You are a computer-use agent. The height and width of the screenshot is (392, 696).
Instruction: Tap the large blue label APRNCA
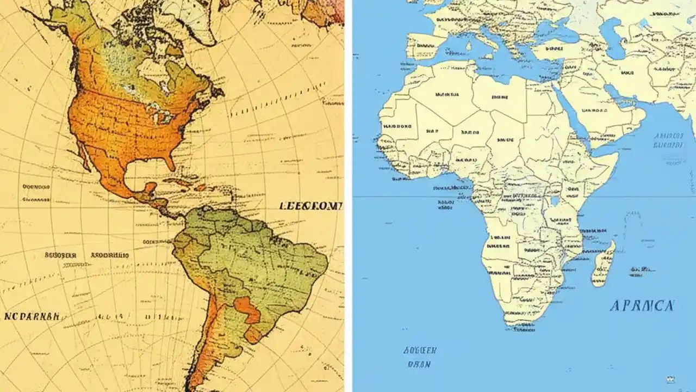[x=642, y=305]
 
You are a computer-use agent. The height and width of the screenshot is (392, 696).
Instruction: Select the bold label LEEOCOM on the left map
[x=311, y=206]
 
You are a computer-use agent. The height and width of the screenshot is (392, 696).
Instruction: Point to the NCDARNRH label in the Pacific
[x=32, y=316]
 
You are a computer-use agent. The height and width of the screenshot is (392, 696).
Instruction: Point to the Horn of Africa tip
[x=617, y=155]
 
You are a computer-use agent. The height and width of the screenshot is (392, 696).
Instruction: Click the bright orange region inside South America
[x=247, y=310]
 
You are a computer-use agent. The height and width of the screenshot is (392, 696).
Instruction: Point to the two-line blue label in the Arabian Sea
[x=668, y=140]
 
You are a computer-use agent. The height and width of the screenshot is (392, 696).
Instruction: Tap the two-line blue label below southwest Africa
[x=419, y=357]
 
